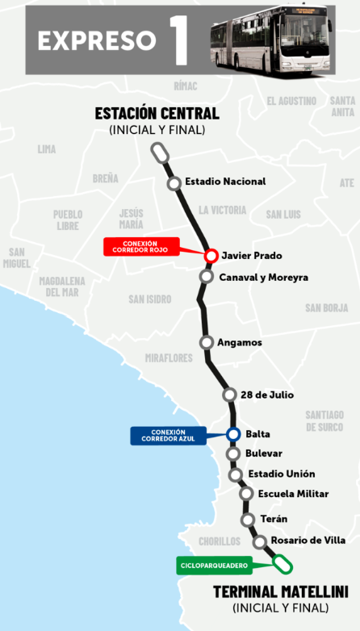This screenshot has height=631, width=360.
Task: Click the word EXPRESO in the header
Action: pyautogui.click(x=96, y=40)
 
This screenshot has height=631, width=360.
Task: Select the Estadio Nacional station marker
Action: pyautogui.click(x=174, y=183)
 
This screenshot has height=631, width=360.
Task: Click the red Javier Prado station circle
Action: pyautogui.click(x=211, y=256)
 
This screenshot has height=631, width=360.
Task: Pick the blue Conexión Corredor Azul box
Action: pyautogui.click(x=168, y=436)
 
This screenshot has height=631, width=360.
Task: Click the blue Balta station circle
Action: pyautogui.click(x=233, y=434)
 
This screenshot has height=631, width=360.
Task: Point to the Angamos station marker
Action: pyautogui.click(x=206, y=342)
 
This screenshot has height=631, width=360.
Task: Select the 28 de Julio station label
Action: pyautogui.click(x=266, y=395)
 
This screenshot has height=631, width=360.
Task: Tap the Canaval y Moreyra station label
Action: pyautogui.click(x=264, y=278)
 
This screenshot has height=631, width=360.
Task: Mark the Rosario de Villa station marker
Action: pyautogui.click(x=259, y=541)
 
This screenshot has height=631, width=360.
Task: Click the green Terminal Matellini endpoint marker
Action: pyautogui.click(x=283, y=563)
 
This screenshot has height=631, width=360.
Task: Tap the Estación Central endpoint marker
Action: pyautogui.click(x=160, y=152)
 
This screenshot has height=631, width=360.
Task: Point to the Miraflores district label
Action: pyautogui.click(x=169, y=357)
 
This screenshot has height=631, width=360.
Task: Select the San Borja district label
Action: pyautogui.click(x=326, y=307)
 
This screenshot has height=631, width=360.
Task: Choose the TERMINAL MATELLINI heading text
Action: pyautogui.click(x=280, y=591)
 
